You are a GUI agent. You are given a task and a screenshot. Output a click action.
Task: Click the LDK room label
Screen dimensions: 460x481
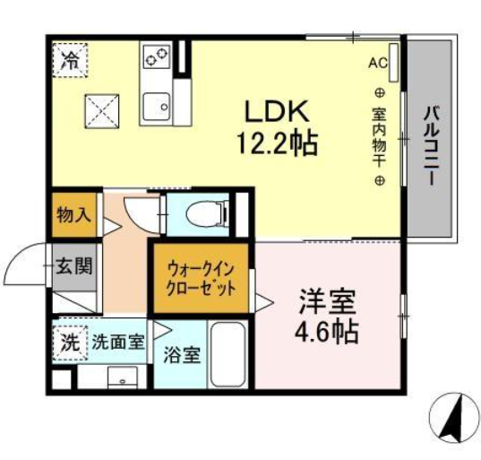tap(279, 112)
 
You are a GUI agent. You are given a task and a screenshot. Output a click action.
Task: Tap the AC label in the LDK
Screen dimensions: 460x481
tap(376, 63)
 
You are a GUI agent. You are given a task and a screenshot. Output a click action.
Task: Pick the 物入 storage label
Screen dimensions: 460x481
tap(72, 216)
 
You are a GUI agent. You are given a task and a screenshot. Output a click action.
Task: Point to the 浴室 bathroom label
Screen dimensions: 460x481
tap(181, 355)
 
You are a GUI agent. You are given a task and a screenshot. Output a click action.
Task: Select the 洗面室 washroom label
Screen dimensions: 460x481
tap(117, 342)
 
